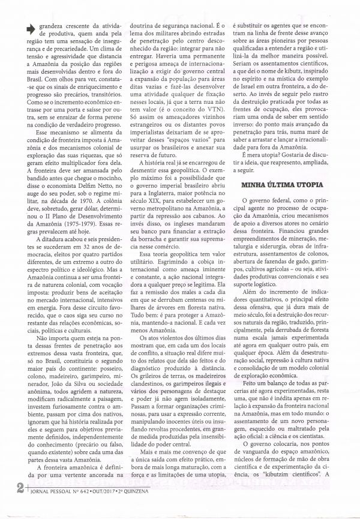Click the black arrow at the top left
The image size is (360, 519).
(28, 28)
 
